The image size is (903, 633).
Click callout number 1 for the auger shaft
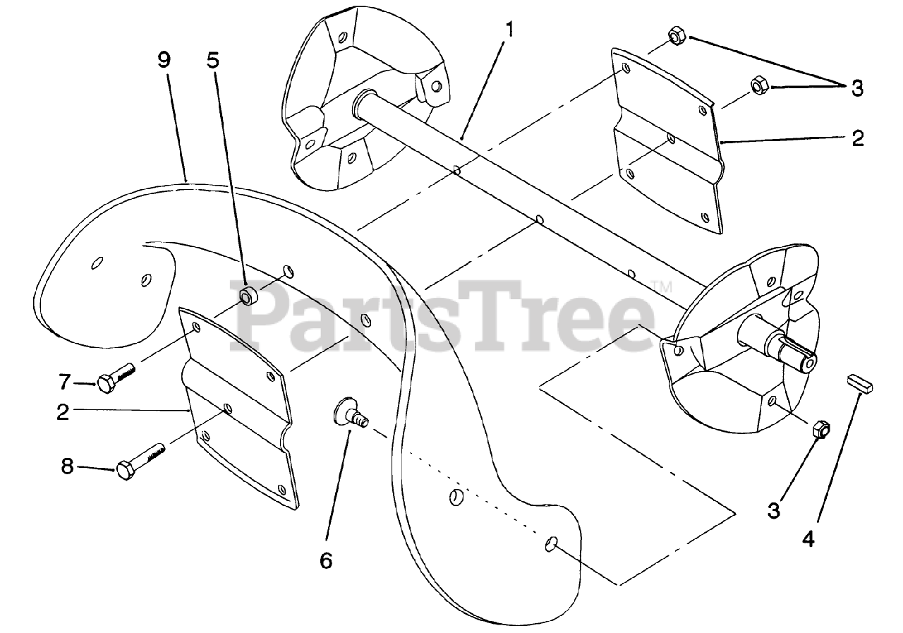(510, 30)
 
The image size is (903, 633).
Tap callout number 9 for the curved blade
(164, 60)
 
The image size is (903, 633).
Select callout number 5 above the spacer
(212, 60)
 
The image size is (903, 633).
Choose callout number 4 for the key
(808, 539)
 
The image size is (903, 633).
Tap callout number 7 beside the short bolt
(65, 382)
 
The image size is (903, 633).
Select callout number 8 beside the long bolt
(68, 466)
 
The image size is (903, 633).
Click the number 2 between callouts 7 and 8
(63, 412)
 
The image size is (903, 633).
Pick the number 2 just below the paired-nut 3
(857, 138)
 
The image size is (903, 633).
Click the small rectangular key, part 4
(860, 385)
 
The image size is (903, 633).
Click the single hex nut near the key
(820, 428)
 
